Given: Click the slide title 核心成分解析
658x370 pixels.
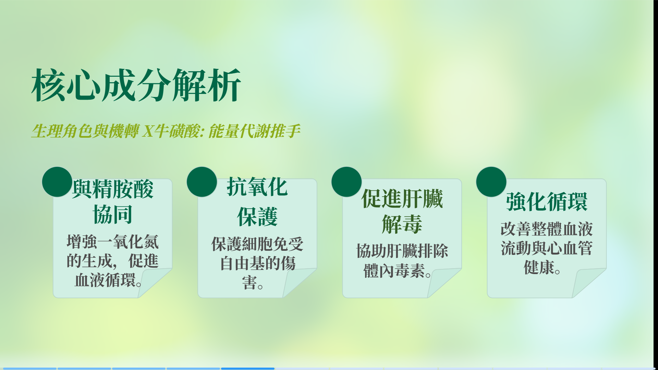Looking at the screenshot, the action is pyautogui.click(x=136, y=85).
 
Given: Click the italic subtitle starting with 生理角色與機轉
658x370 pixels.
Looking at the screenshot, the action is pyautogui.click(x=166, y=131).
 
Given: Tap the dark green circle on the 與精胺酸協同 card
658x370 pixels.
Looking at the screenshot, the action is pyautogui.click(x=57, y=182).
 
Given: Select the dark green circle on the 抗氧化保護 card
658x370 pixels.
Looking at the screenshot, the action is pyautogui.click(x=202, y=182).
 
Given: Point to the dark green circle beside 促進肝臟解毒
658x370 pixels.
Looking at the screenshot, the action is pyautogui.click(x=346, y=182).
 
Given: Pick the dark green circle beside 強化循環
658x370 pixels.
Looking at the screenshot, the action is pyautogui.click(x=491, y=182).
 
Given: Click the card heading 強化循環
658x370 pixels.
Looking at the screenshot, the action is pyautogui.click(x=547, y=202).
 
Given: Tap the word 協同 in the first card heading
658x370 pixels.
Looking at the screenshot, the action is pyautogui.click(x=113, y=215).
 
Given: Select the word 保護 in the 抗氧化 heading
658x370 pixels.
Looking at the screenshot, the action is pyautogui.click(x=257, y=217).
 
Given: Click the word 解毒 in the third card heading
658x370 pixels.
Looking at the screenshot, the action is pyautogui.click(x=402, y=224).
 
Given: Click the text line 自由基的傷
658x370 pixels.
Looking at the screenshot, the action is pyautogui.click(x=257, y=264).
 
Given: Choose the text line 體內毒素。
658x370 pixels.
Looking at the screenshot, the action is pyautogui.click(x=397, y=271).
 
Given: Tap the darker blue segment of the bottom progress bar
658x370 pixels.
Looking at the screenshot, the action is pyautogui.click(x=248, y=369).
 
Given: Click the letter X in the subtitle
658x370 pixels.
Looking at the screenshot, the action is pyautogui.click(x=148, y=131).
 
